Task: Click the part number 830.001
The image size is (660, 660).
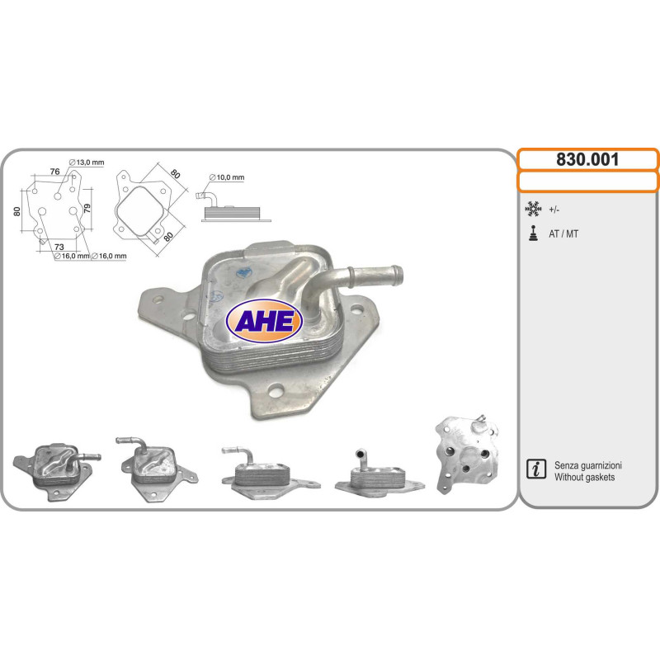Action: [x=587, y=159]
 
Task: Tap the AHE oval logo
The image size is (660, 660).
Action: [x=264, y=321]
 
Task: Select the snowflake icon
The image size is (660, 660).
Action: [x=533, y=209]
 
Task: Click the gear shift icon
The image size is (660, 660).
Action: [x=533, y=233]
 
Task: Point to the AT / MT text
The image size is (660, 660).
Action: [x=563, y=234]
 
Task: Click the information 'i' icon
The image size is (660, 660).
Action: [x=536, y=469]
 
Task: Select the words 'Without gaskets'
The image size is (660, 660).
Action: [x=584, y=478]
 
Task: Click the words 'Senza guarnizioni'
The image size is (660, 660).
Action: [x=588, y=465]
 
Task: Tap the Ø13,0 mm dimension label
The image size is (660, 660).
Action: [x=87, y=163]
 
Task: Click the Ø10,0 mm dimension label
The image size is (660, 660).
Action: [x=227, y=177]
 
